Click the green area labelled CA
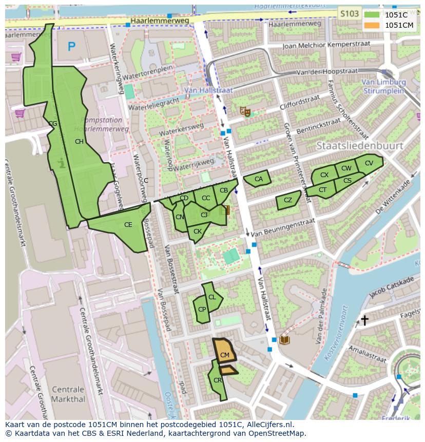258,179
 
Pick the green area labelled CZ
288,200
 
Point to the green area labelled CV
369,163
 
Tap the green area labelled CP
202,310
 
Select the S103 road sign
349,14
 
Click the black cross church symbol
364,320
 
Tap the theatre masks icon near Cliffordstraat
246,110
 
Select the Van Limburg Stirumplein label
383,86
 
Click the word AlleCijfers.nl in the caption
268,425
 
